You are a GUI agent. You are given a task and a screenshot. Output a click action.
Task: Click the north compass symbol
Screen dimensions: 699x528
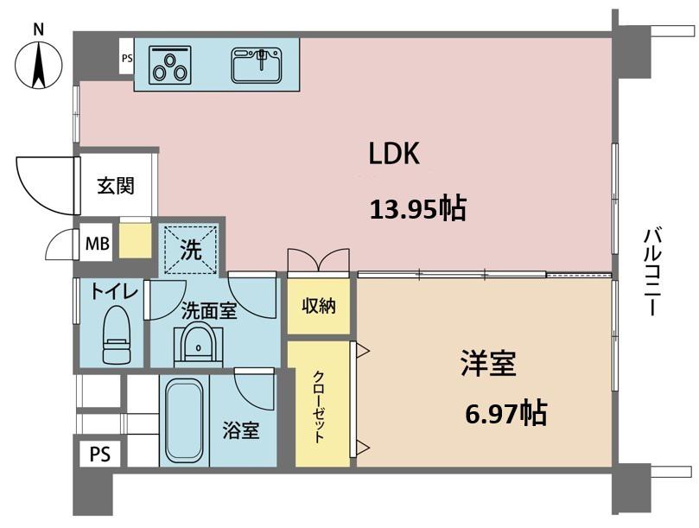pyautogui.click(x=38, y=64)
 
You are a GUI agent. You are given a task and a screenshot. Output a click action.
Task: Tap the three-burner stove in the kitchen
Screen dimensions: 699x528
pyautogui.click(x=169, y=65)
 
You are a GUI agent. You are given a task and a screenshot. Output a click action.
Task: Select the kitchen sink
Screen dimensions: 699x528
pyautogui.click(x=257, y=66)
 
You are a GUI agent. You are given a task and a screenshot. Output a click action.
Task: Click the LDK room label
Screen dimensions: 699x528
pyautogui.click(x=394, y=154)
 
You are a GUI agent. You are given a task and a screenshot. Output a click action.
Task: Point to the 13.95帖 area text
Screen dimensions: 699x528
pyautogui.click(x=418, y=209)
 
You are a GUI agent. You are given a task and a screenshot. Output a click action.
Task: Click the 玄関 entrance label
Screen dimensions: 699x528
pyautogui.click(x=116, y=186)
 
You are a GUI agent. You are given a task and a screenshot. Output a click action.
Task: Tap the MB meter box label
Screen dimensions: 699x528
pyautogui.click(x=98, y=244)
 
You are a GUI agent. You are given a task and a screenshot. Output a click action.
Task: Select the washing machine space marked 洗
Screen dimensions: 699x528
pyautogui.click(x=191, y=251)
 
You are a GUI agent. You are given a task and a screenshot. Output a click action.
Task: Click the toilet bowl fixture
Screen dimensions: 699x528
pyautogui.click(x=117, y=334)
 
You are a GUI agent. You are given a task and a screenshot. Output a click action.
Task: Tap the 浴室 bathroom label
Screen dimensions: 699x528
pyautogui.click(x=241, y=431)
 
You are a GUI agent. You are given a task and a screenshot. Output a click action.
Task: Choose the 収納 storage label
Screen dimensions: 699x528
pyautogui.click(x=319, y=306)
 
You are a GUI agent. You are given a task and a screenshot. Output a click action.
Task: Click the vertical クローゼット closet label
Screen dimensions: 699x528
pyautogui.click(x=319, y=406)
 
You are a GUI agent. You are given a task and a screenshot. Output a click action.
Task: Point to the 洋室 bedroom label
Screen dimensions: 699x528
pyautogui.click(x=488, y=364)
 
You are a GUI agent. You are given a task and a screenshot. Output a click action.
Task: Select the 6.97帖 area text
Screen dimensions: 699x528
pyautogui.click(x=506, y=413)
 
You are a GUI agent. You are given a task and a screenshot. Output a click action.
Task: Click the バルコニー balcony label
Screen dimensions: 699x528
pyautogui.click(x=652, y=271)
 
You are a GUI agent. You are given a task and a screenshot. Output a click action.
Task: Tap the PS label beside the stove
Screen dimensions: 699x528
pyautogui.click(x=127, y=58)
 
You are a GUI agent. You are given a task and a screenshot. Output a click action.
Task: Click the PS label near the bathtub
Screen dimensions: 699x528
pyautogui.click(x=100, y=455)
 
